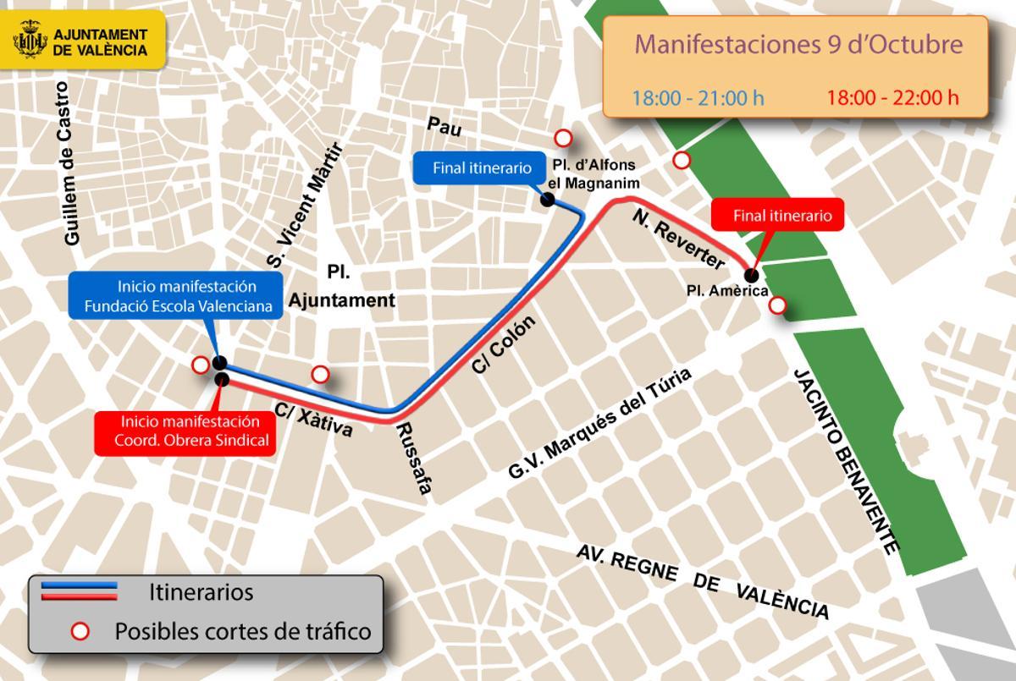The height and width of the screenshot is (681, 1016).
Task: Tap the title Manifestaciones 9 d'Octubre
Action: point(798,44)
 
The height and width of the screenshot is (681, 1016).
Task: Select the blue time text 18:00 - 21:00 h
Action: point(698,97)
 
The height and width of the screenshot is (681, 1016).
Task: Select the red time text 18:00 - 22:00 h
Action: point(892,97)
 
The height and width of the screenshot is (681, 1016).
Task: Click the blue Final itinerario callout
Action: point(482,168)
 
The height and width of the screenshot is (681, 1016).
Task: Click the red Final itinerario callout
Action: point(782,216)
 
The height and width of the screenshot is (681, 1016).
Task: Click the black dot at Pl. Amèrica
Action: point(750,274)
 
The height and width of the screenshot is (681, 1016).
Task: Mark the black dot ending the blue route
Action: point(548,200)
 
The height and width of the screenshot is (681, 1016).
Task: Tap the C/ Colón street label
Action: point(505,345)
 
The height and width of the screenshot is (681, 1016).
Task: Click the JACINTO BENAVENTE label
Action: point(845,461)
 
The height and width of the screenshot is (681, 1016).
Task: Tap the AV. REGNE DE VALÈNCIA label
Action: point(702,583)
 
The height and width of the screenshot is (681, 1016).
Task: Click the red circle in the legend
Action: point(80,631)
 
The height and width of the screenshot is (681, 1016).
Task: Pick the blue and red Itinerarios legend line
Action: point(79,590)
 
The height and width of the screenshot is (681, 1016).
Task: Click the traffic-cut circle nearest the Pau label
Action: point(563,138)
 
